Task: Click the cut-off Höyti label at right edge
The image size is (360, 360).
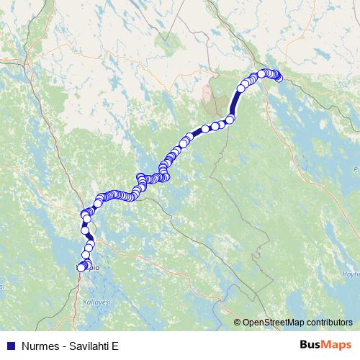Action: [351, 274]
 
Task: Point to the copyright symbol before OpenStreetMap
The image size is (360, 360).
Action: [238, 322]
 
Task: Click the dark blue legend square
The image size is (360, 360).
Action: [10, 344]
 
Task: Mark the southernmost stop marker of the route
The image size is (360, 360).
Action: [81, 268]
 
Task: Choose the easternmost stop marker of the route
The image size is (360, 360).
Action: [279, 78]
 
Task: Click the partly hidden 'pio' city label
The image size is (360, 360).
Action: [94, 267]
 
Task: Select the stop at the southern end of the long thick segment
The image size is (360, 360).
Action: [231, 120]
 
